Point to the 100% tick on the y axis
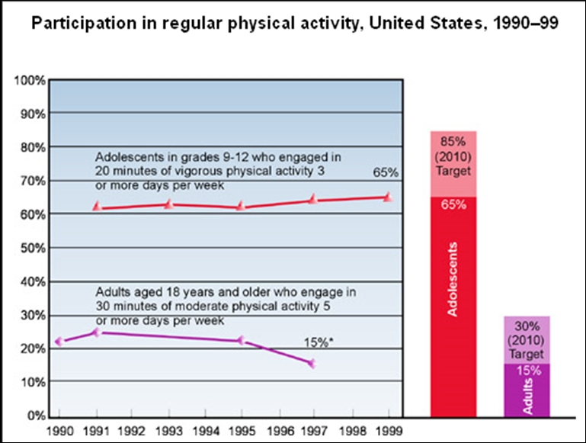[x=30, y=79]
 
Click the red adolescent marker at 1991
[x=97, y=207]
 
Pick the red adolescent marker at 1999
[x=388, y=197]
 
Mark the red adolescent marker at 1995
[x=241, y=207]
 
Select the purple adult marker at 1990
[x=59, y=342]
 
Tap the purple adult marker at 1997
[x=311, y=363]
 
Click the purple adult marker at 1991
[x=96, y=332]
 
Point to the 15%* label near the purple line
[x=319, y=342]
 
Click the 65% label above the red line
[x=384, y=174]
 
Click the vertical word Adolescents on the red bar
[x=453, y=281]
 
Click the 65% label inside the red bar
[x=453, y=206]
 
